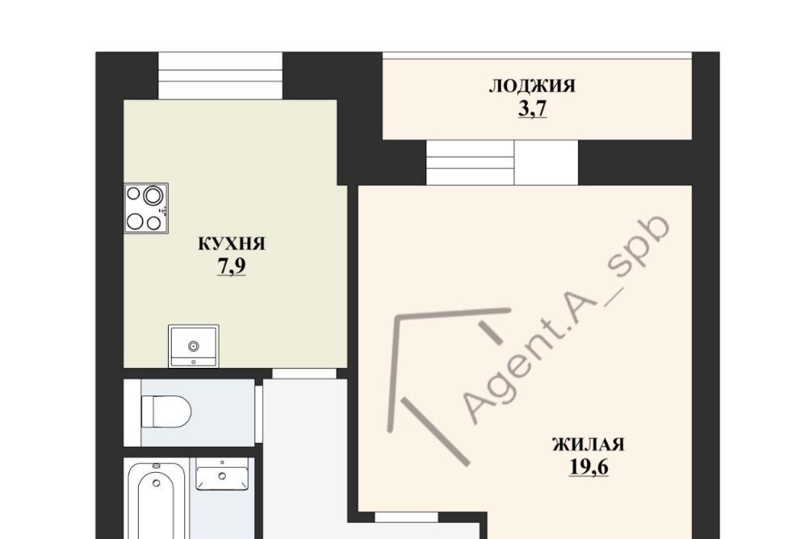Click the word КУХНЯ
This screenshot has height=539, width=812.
(232, 244)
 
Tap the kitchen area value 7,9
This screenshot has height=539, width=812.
(232, 266)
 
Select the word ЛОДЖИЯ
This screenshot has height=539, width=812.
(532, 86)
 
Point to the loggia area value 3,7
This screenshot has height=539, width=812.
(533, 109)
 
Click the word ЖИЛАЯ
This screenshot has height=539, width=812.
(588, 445)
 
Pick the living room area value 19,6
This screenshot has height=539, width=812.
(588, 467)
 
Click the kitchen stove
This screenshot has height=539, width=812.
(146, 208)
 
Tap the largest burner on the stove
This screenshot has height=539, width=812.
(153, 196)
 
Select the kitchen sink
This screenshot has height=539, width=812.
(193, 346)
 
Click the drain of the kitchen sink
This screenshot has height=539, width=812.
(193, 345)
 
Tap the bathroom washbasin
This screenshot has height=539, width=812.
(222, 475)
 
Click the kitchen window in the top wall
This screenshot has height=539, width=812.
(220, 76)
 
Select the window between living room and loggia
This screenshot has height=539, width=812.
(471, 162)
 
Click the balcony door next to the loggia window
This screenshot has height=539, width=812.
(546, 162)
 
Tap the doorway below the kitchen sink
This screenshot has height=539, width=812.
(304, 374)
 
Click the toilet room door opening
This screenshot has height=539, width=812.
(259, 413)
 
